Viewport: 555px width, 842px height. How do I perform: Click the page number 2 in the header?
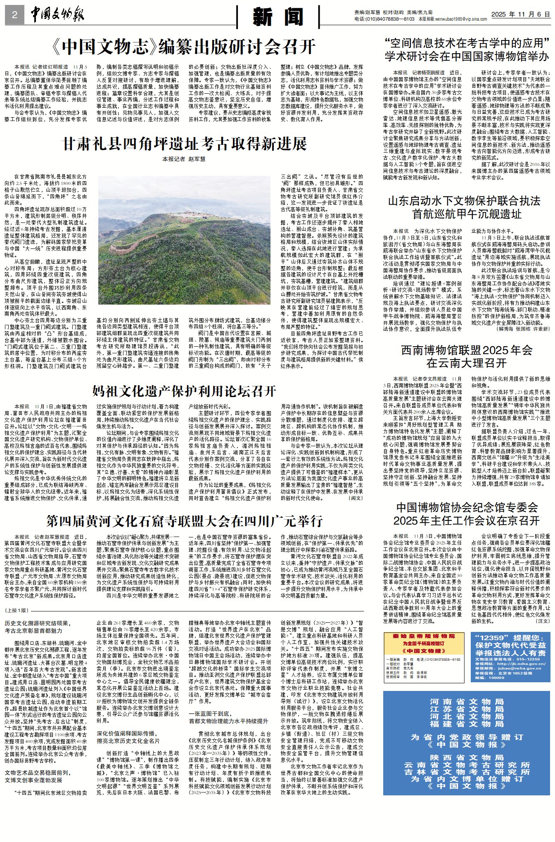[x=15, y=15]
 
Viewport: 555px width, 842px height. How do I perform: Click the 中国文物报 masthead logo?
[x=57, y=15]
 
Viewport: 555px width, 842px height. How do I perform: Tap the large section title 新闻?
[x=278, y=17]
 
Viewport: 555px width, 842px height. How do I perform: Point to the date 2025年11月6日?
[x=520, y=14]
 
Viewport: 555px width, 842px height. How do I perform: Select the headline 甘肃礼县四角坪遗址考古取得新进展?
[x=184, y=144]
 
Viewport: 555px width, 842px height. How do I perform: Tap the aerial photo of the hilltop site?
[x=184, y=240]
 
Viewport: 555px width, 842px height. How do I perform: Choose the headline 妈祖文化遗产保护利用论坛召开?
[x=184, y=390]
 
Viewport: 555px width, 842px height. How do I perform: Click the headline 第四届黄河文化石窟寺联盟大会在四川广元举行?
[x=184, y=521]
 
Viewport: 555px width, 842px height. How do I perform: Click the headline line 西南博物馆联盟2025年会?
[x=467, y=350]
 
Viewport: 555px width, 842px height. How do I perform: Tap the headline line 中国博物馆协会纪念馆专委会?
[x=467, y=507]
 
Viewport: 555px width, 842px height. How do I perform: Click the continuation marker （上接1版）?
[x=17, y=610]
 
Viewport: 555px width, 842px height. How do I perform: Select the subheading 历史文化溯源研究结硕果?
[x=38, y=623]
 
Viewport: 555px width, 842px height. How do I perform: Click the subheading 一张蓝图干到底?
[x=210, y=713]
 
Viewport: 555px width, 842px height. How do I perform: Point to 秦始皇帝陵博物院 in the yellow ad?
[x=424, y=636]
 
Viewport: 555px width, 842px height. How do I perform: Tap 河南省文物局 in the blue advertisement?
[x=467, y=702]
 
